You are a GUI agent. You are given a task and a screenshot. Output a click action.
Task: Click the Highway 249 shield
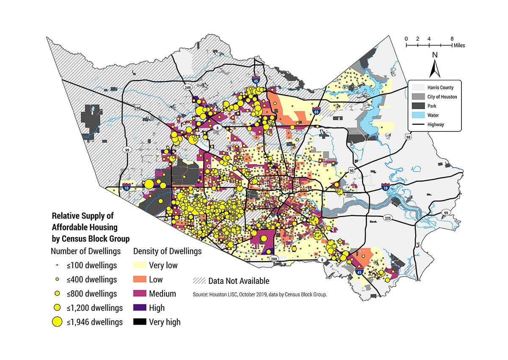click(186, 87)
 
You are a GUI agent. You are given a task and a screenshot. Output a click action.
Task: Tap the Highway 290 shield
click(137, 109)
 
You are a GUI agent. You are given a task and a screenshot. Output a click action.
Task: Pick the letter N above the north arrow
click(434, 55)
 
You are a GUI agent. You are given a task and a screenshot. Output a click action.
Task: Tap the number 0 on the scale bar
click(406, 38)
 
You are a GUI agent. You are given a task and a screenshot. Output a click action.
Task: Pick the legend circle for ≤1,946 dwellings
click(55, 322)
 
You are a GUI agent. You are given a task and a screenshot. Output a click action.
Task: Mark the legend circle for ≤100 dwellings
click(55, 266)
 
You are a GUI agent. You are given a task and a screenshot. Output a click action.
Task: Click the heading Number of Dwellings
click(86, 251)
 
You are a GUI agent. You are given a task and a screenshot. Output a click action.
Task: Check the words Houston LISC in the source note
click(224, 294)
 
